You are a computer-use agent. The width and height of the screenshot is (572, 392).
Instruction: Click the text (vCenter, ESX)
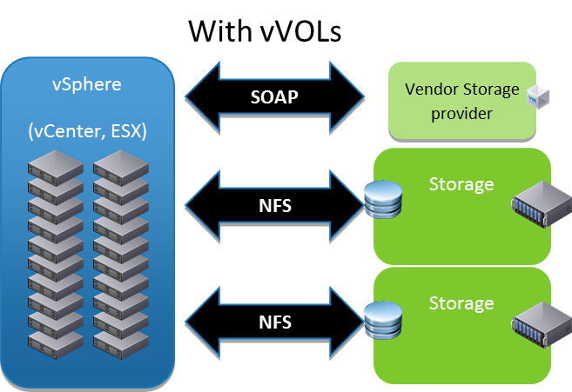point(86,131)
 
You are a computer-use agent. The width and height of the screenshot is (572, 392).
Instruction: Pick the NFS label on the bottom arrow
point(275,322)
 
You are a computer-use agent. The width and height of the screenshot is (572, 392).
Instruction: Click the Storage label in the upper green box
point(461,184)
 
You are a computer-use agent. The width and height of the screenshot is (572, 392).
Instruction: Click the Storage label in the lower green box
point(461,303)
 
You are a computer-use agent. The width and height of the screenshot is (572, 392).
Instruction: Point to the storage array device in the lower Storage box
point(533,324)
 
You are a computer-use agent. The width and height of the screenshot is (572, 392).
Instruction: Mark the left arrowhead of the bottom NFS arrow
point(203,322)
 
